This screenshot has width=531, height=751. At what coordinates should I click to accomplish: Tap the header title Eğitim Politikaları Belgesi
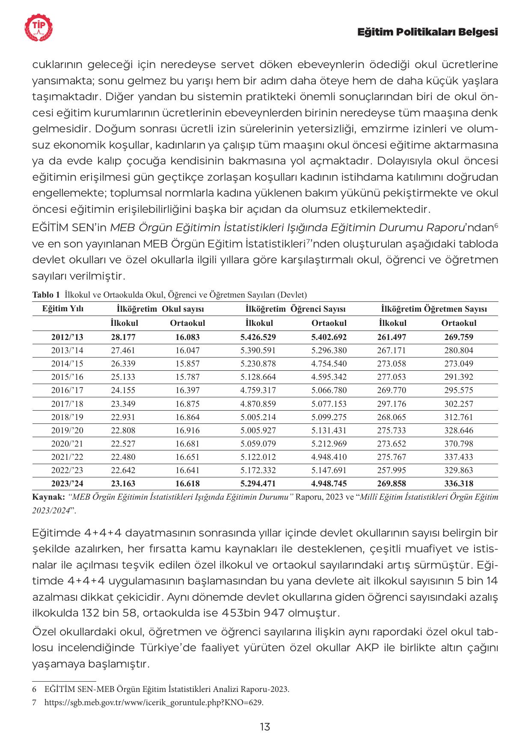[x=427, y=33]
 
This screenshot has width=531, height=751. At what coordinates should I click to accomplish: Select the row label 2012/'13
[x=67, y=337]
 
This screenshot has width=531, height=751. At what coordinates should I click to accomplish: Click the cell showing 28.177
[x=123, y=337]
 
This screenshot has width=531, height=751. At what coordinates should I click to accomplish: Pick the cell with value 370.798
[x=459, y=444]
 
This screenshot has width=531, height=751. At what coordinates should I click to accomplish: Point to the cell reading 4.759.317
[x=258, y=390]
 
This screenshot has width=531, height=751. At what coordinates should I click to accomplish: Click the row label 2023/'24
[x=67, y=483]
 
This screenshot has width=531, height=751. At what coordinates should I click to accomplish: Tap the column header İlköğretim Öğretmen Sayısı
[x=434, y=309]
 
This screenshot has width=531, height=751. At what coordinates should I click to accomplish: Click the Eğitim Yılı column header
[x=63, y=309]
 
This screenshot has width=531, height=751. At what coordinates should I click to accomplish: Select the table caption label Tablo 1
[x=46, y=295]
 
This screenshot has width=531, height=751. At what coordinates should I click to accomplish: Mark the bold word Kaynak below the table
[x=48, y=497]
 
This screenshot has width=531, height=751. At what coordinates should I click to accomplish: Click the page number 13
[x=265, y=727]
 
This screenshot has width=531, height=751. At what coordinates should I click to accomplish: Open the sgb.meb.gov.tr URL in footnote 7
[x=154, y=702]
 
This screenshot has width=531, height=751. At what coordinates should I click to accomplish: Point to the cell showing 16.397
[x=187, y=390]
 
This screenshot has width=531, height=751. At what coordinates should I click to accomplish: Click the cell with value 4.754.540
[x=329, y=364]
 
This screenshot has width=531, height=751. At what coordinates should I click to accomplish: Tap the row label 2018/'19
[x=67, y=417]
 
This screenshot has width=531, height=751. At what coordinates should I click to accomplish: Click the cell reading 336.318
[x=459, y=483]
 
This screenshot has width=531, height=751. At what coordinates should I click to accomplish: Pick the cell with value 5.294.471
[x=258, y=483]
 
